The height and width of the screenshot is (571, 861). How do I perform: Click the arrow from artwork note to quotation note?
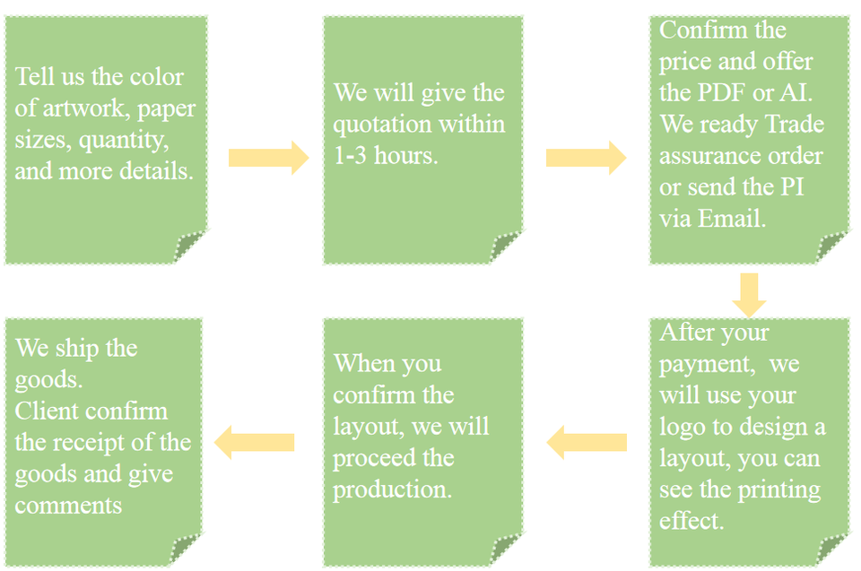coord(268,158)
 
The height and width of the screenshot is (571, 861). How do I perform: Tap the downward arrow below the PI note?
coord(749,294)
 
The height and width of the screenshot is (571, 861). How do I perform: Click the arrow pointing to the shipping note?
coord(256,442)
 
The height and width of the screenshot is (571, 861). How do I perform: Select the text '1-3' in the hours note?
coord(351,155)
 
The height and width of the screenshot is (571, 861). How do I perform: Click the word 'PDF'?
coord(723,92)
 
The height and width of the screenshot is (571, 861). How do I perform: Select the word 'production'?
coord(392,489)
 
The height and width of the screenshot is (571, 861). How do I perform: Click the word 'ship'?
coord(75,348)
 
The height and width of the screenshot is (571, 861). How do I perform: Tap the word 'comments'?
coord(68,505)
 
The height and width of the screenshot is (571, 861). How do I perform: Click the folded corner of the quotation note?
coord(508,248)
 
